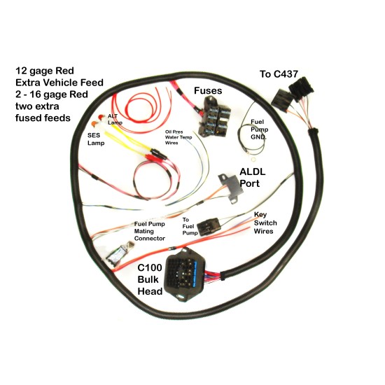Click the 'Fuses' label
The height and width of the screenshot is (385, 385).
point(208,90)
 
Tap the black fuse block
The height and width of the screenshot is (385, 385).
point(214,117)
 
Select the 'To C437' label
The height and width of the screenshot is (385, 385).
point(279,74)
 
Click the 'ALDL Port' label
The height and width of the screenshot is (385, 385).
point(253,178)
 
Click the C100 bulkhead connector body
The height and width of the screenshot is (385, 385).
point(185,274)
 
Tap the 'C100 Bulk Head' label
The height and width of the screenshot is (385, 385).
point(150,279)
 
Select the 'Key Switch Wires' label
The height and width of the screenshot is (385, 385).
point(265,223)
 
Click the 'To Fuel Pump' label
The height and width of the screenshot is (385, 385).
point(190,226)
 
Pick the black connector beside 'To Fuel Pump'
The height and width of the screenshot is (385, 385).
point(209,227)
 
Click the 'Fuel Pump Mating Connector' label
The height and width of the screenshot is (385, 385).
point(150,231)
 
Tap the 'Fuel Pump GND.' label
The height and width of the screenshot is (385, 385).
point(259,129)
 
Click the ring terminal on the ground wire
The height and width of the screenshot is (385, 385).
point(253,160)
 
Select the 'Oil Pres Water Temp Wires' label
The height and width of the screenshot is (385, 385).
point(178,137)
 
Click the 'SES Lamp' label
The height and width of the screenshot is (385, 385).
point(96,139)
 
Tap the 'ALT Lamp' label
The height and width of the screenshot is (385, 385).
point(115,119)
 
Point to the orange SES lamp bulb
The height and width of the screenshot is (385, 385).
point(94,124)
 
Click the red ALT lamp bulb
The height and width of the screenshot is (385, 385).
point(101,118)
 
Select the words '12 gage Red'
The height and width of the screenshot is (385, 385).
point(44,71)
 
